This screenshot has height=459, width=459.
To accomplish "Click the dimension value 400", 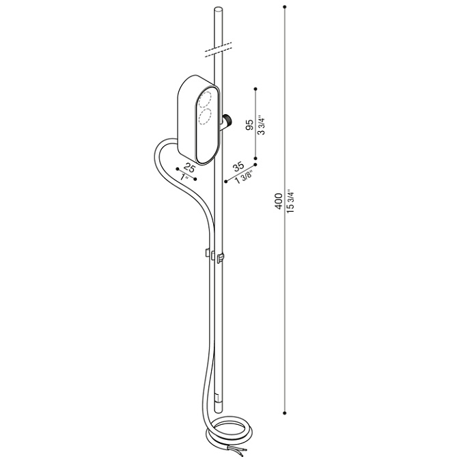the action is click(x=278, y=201).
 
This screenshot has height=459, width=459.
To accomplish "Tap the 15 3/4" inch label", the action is click(x=290, y=201).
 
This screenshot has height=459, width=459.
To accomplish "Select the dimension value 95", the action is click(x=250, y=126).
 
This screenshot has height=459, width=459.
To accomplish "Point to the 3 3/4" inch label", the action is click(x=261, y=125).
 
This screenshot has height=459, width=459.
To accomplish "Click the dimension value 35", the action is click(x=238, y=167).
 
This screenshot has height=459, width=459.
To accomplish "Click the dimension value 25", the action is click(x=189, y=168).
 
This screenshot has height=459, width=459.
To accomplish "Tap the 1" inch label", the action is click(x=184, y=177).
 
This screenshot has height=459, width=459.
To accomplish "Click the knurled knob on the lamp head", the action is click(x=227, y=120).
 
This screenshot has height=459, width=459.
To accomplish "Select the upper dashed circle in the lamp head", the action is click(x=206, y=100).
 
